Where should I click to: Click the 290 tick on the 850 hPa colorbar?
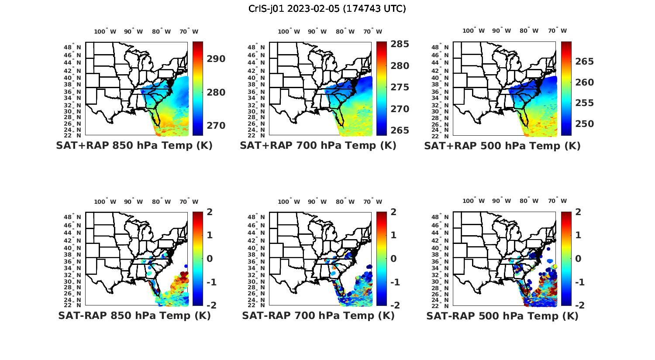(216, 59)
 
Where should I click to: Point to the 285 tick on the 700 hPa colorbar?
(400, 44)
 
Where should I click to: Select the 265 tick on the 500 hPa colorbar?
(585, 62)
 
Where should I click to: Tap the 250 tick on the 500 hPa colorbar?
(585, 124)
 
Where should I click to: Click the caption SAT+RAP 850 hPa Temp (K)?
(134, 145)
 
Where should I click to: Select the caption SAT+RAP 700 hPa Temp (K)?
(318, 145)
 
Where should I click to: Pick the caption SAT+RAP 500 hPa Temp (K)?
(502, 146)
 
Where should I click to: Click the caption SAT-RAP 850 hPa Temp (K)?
(134, 315)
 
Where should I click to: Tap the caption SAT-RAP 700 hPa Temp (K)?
(318, 315)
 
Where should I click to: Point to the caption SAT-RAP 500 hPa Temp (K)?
(502, 316)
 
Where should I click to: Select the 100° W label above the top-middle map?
(289, 31)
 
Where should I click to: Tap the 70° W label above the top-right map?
(557, 31)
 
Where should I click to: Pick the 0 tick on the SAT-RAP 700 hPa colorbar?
(394, 258)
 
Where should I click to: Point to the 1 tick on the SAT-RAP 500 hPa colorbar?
(579, 235)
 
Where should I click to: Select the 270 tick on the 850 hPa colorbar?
(216, 126)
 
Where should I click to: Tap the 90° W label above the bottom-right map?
(501, 201)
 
